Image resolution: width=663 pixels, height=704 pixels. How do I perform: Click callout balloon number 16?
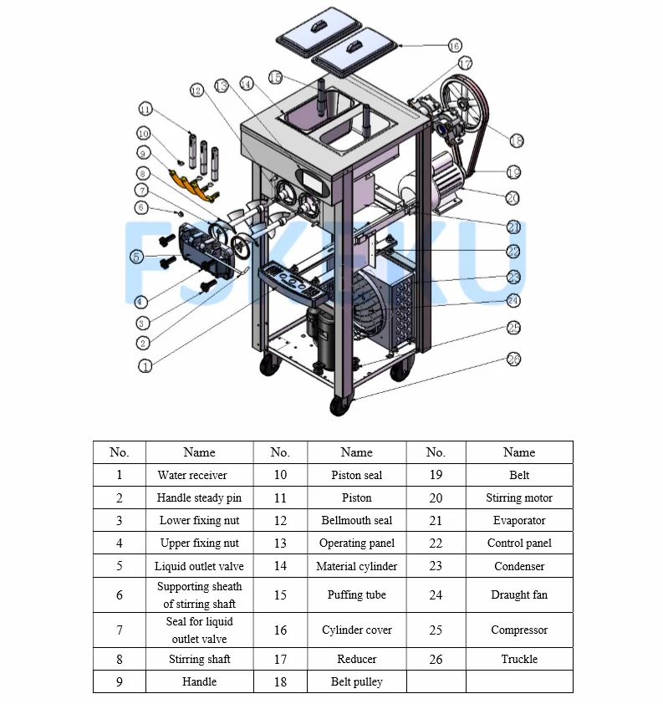[x=454, y=45]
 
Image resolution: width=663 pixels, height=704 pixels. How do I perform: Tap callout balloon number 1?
[x=145, y=366]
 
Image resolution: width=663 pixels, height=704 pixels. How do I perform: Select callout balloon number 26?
[x=513, y=360]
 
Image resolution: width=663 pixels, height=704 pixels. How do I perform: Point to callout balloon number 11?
[x=145, y=109]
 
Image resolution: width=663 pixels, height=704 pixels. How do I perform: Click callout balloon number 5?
[x=137, y=257]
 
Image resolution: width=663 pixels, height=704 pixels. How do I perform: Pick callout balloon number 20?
[x=513, y=198]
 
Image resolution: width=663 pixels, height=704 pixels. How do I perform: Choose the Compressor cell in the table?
[x=519, y=630]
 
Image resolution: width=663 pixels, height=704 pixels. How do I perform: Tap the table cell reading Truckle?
[x=519, y=659]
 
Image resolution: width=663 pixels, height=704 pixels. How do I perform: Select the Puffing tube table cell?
[x=357, y=595]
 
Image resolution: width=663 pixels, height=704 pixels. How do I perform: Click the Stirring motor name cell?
[x=519, y=497]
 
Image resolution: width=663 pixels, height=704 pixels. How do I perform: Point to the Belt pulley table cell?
[x=357, y=681]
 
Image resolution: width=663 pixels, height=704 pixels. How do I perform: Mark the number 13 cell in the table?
[x=280, y=543]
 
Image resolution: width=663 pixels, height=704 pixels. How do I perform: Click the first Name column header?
[x=199, y=452]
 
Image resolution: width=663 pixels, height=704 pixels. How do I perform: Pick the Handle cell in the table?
[x=199, y=681]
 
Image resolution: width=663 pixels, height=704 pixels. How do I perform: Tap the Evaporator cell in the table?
[x=519, y=520]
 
